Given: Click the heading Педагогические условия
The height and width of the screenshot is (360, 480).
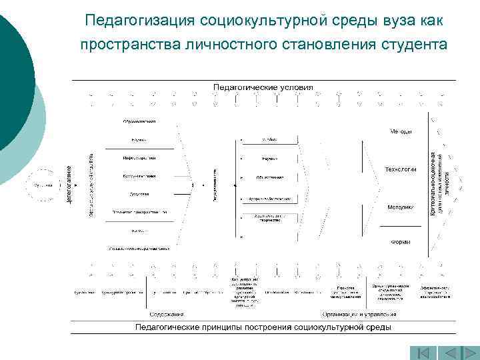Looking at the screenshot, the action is pos(263,87).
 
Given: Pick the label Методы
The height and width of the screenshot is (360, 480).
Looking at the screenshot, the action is pos(401,131).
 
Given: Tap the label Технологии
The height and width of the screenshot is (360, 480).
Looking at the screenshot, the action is pos(401,169).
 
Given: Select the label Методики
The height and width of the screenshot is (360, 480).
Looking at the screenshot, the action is pos(401,207).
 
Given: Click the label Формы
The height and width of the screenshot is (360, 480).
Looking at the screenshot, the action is pos(401,241).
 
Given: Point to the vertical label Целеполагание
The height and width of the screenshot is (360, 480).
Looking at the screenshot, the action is pos(69,183).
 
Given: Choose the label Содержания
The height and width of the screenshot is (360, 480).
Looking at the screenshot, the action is pos(167,314).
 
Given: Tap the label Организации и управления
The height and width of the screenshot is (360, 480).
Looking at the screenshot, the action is pos(359,314).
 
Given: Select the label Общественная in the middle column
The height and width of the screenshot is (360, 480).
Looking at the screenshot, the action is pos(269,178).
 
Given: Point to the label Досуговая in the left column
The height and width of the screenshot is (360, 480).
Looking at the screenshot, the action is pos(139,194).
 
